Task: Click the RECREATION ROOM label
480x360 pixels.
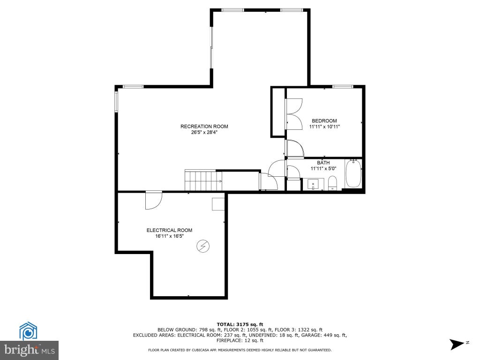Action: coord(204,127)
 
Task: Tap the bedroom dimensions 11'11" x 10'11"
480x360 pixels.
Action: coord(324,127)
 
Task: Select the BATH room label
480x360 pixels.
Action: coord(323,163)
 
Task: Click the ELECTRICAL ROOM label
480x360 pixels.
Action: coord(169,230)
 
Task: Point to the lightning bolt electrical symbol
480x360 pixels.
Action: coord(203,246)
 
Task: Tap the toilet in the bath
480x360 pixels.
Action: coord(332,183)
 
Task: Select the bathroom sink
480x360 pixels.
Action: coord(313,184)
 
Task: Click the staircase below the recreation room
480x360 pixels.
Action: coord(203,180)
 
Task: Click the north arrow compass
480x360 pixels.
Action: coord(457,344)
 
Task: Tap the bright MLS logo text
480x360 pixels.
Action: coord(30,350)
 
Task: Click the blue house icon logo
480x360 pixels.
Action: coord(28,331)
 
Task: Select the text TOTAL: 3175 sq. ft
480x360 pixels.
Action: coord(240,324)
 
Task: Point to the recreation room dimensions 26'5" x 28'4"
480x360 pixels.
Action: coord(204,133)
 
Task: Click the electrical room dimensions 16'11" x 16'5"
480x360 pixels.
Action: coord(169,236)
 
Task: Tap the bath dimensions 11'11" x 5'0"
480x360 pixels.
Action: coord(323,168)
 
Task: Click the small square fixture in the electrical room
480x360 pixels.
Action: coord(218,204)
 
